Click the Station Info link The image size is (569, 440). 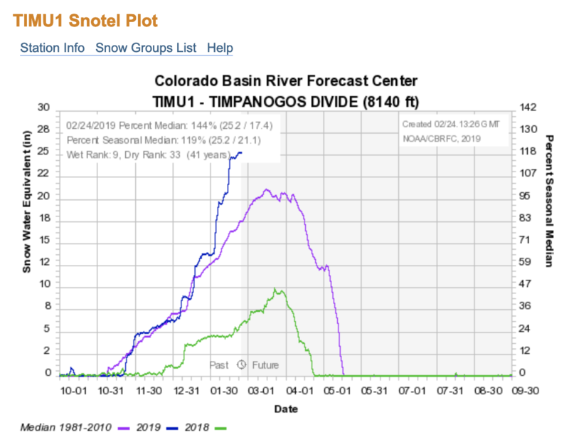click(x=52, y=48)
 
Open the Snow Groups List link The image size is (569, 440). click(x=145, y=48)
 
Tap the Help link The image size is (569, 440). click(x=220, y=48)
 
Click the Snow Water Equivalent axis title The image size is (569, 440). click(x=28, y=207)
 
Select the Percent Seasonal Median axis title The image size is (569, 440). click(x=548, y=200)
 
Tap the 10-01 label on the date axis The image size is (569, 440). click(x=73, y=391)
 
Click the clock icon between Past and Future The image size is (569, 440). click(x=241, y=364)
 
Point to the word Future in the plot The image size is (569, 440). click(x=264, y=364)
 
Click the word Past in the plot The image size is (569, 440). click(x=219, y=364)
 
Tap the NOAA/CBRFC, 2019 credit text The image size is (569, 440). click(x=441, y=139)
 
